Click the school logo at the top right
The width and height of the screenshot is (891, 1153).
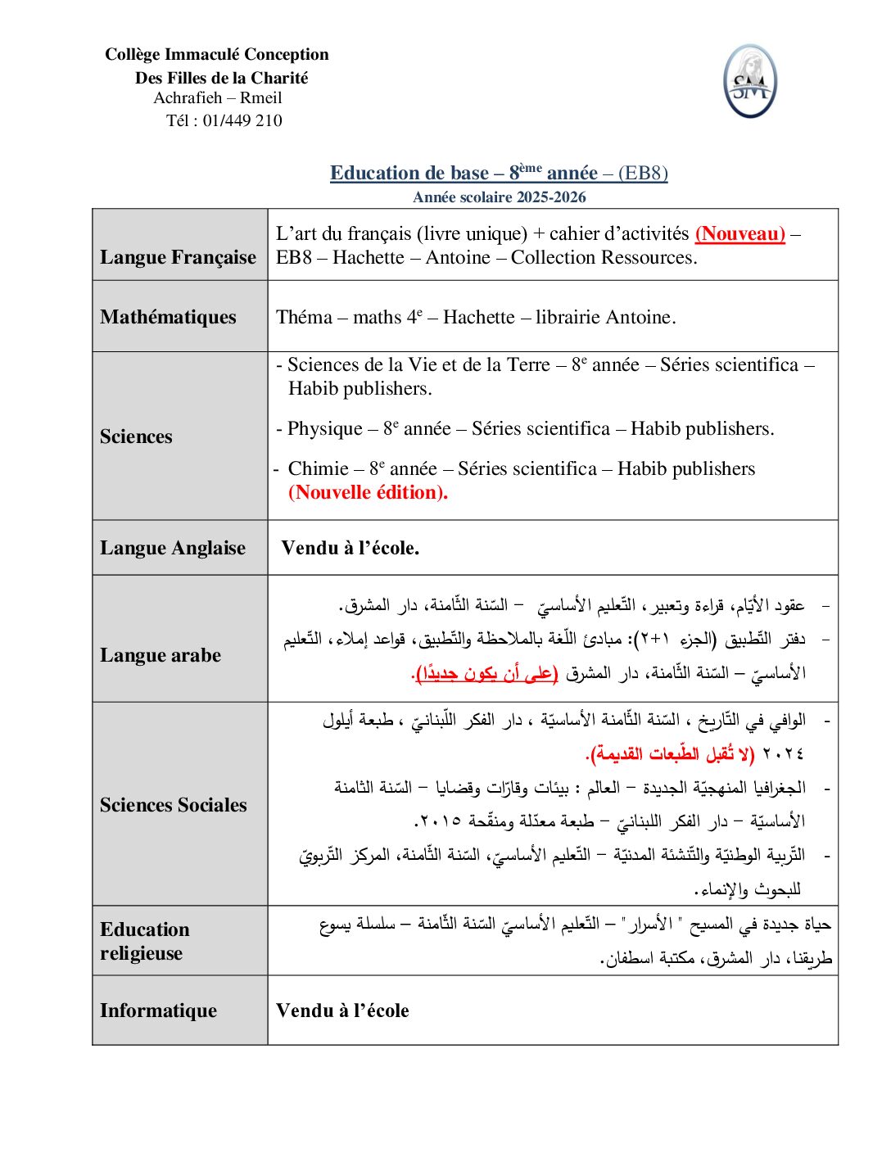click(749, 82)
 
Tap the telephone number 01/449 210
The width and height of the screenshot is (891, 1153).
click(242, 120)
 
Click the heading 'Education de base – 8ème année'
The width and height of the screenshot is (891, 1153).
click(464, 173)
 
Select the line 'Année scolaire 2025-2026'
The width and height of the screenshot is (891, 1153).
click(499, 197)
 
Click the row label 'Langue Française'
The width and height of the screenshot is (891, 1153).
click(178, 257)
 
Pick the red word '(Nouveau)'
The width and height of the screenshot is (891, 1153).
click(739, 234)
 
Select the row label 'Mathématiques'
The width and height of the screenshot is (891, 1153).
click(168, 317)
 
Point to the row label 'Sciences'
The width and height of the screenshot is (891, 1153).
click(136, 436)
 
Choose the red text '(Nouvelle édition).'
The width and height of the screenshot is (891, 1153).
click(368, 493)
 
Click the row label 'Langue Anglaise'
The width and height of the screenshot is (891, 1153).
click(172, 548)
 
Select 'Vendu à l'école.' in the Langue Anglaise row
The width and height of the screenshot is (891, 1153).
click(350, 548)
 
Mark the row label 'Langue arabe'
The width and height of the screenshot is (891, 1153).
click(161, 655)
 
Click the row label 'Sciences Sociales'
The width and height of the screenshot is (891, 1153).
click(173, 805)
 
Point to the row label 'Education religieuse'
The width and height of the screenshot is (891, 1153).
click(144, 941)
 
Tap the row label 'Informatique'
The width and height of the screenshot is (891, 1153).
click(158, 1011)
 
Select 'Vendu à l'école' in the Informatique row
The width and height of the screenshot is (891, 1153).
click(342, 1011)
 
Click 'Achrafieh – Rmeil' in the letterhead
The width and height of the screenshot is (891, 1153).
click(217, 97)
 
